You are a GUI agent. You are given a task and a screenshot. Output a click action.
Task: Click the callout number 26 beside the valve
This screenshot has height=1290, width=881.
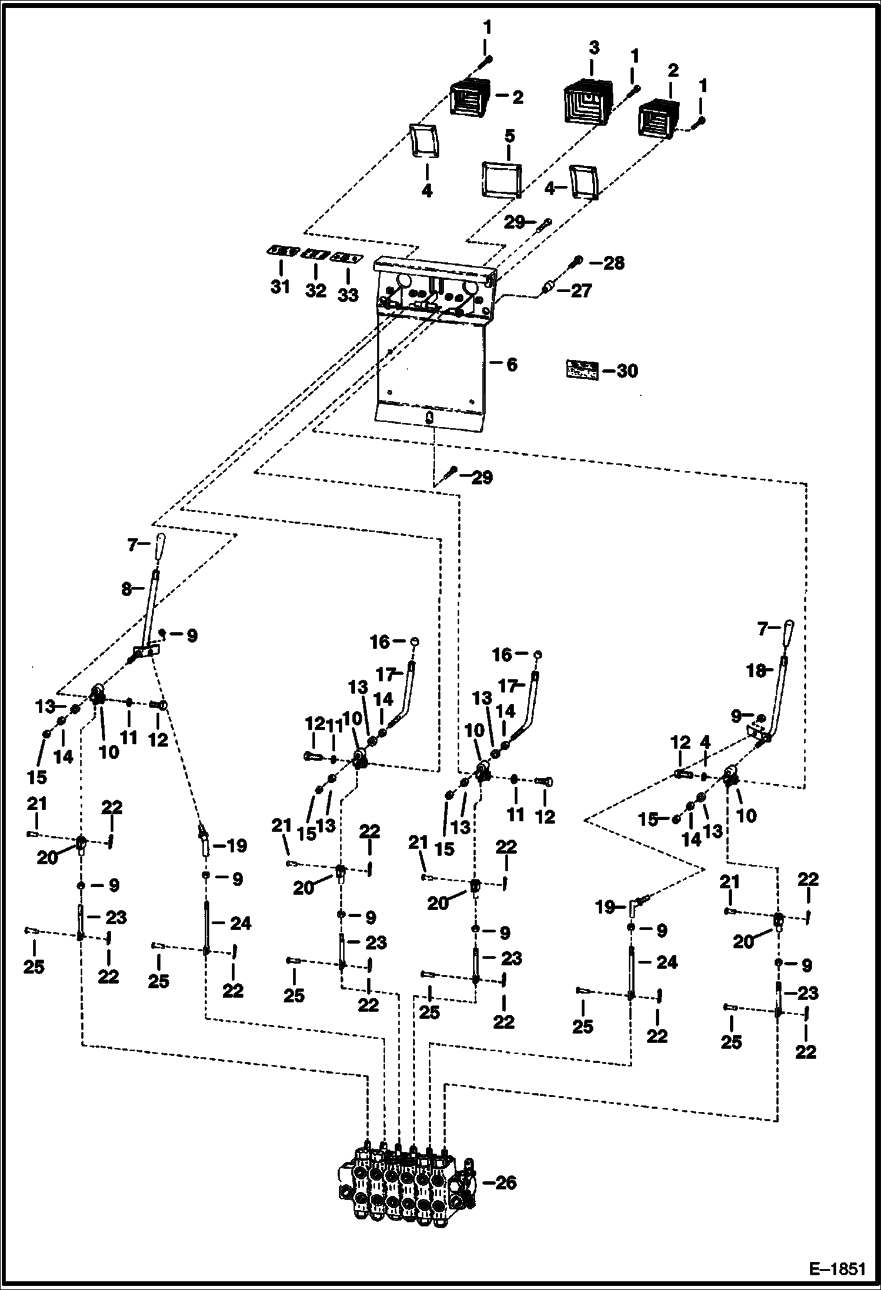click(505, 1182)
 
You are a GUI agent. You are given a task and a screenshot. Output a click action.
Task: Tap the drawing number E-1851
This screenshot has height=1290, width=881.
click(837, 1269)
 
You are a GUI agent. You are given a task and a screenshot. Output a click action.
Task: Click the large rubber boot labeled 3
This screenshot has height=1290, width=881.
click(588, 103)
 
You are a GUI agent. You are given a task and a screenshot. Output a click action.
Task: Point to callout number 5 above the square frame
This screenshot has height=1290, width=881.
click(509, 136)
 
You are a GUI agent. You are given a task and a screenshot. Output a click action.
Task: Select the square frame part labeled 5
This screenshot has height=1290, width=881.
click(502, 179)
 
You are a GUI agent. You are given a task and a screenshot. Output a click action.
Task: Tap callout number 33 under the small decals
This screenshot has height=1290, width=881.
click(348, 294)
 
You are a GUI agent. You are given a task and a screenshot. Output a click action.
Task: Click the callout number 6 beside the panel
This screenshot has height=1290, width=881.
click(512, 365)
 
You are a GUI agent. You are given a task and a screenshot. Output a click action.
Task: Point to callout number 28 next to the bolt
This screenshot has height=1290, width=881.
click(613, 263)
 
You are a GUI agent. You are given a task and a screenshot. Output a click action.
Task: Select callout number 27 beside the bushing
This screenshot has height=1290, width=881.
click(581, 290)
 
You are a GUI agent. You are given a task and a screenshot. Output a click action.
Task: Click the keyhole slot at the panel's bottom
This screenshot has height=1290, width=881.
click(430, 418)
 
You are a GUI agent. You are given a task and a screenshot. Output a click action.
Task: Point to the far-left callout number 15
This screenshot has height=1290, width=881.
click(36, 777)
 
